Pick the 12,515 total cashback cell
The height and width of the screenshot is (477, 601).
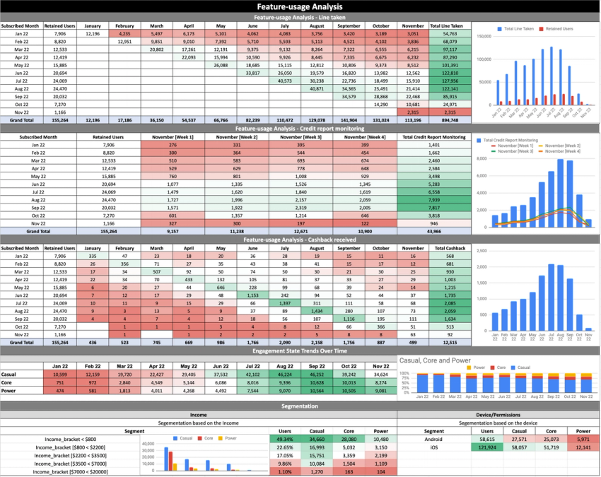pyautogui.click(x=445, y=342)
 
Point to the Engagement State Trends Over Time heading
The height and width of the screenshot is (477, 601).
pyautogui.click(x=300, y=350)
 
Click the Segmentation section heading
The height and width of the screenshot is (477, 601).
pyautogui.click(x=300, y=406)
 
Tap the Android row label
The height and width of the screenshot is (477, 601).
pyautogui.click(x=434, y=439)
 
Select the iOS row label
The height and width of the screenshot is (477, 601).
pyautogui.click(x=434, y=447)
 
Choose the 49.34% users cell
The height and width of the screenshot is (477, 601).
pyautogui.click(x=285, y=439)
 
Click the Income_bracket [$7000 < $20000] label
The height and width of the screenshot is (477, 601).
pyautogui.click(x=69, y=471)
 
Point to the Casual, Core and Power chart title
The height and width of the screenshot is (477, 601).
pyautogui.click(x=436, y=360)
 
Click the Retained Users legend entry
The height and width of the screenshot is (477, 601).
pyautogui.click(x=556, y=30)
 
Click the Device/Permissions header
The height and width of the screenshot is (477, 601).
pyautogui.click(x=498, y=415)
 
